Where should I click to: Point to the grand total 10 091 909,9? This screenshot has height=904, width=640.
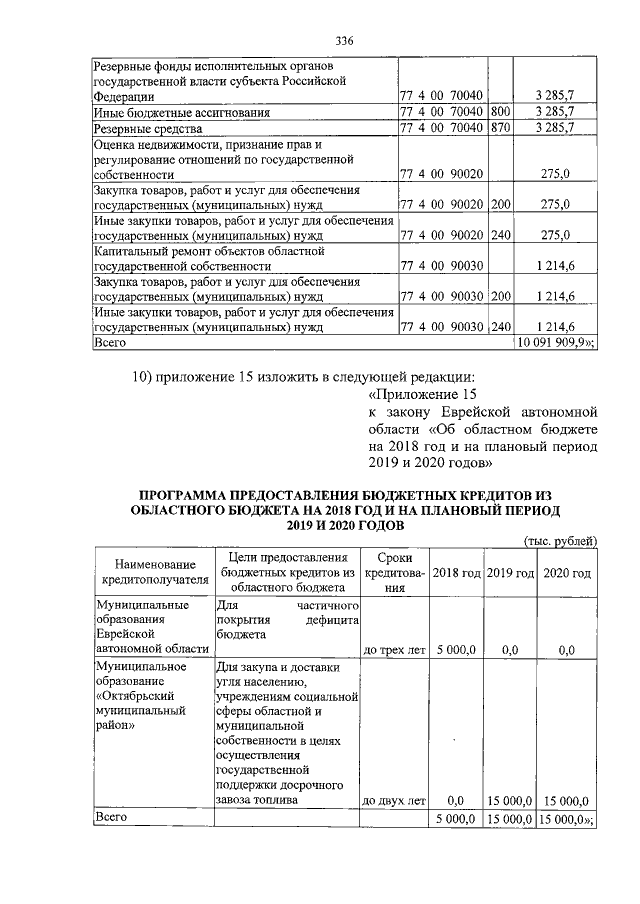(553, 342)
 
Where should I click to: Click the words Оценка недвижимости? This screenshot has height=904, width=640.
(146, 144)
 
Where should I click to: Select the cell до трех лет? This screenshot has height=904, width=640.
(394, 650)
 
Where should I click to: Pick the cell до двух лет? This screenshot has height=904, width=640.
(394, 800)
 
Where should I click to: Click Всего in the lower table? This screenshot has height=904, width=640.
(112, 818)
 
